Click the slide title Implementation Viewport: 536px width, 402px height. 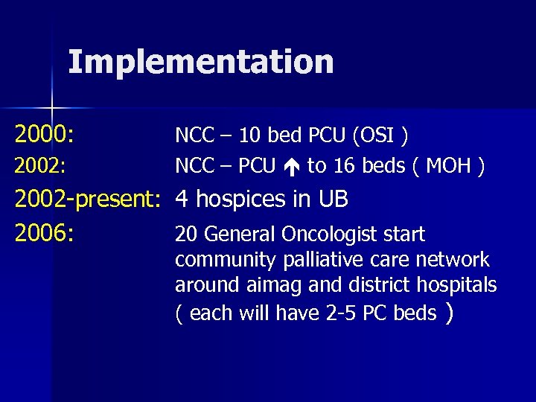point(201,63)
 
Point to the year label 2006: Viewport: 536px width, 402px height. point(44,234)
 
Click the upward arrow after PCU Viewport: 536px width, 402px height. point(290,166)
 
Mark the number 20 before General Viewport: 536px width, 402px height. point(187,235)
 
